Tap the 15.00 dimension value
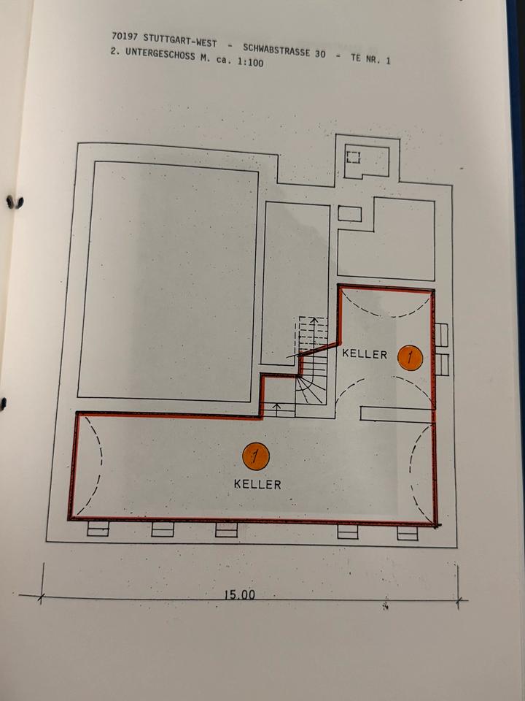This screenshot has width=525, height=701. pos(239,594)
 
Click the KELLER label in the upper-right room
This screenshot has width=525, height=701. pos(365,354)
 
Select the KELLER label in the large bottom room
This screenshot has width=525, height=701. pos(257,483)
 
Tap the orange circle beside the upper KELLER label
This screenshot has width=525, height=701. pos(411,357)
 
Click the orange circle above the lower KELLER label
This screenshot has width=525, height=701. pos(255,457)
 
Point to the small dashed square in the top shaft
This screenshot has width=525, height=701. pos(354,156)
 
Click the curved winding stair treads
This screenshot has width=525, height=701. pos(311,387)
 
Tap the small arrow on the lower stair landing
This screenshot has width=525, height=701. pos(276,407)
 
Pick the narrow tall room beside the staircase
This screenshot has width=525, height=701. pos(295,277)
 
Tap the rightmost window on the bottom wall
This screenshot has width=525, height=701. pos(408,534)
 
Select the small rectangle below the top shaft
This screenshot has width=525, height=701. pos(350,213)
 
